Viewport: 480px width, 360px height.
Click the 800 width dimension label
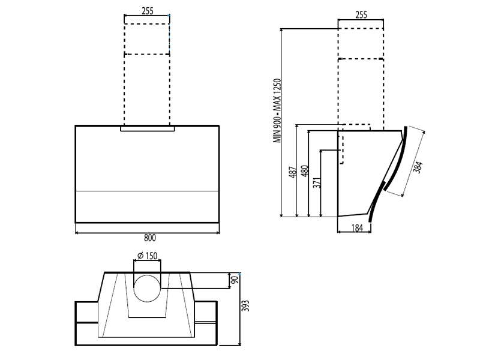pyautogui.click(x=147, y=238)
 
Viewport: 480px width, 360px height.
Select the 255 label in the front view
pyautogui.click(x=146, y=10)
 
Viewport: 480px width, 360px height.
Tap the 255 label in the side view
pyautogui.click(x=361, y=15)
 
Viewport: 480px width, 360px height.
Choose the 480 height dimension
pyautogui.click(x=305, y=172)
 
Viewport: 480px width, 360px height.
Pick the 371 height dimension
pyautogui.click(x=317, y=183)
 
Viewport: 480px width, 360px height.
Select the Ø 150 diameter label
pyautogui.click(x=147, y=256)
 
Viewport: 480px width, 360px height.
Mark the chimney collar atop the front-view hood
pyautogui.click(x=147, y=128)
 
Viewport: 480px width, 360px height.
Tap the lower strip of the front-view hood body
pyautogui.click(x=147, y=206)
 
